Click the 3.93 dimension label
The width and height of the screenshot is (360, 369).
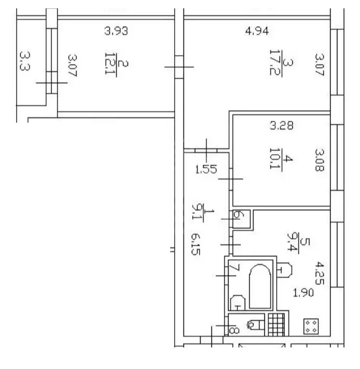[x=116, y=31]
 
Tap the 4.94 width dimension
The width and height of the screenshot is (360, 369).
[x=257, y=31]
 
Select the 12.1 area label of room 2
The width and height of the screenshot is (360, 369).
[x=110, y=63]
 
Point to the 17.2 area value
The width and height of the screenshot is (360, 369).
[x=275, y=63]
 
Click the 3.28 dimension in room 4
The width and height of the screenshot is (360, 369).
[x=282, y=126]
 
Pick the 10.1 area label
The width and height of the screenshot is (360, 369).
[x=275, y=158]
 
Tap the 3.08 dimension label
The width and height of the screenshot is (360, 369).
[x=319, y=160]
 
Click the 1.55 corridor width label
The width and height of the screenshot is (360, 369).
[x=206, y=169]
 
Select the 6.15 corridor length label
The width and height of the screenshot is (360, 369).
[x=196, y=244]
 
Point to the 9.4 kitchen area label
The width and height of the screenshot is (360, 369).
[x=293, y=242]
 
